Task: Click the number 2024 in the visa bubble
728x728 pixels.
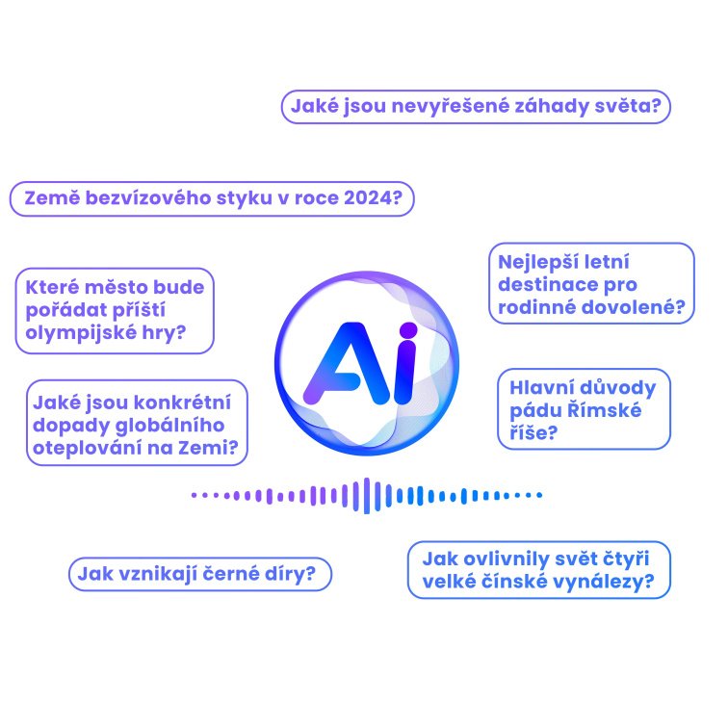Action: pyautogui.click(x=368, y=198)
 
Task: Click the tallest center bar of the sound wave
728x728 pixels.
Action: pyautogui.click(x=366, y=495)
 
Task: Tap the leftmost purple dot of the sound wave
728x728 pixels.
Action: pyautogui.click(x=195, y=495)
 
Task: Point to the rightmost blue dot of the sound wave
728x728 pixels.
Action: pyautogui.click(x=539, y=495)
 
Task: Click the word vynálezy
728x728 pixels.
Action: pyautogui.click(x=603, y=582)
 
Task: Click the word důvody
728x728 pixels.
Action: pyautogui.click(x=617, y=388)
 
